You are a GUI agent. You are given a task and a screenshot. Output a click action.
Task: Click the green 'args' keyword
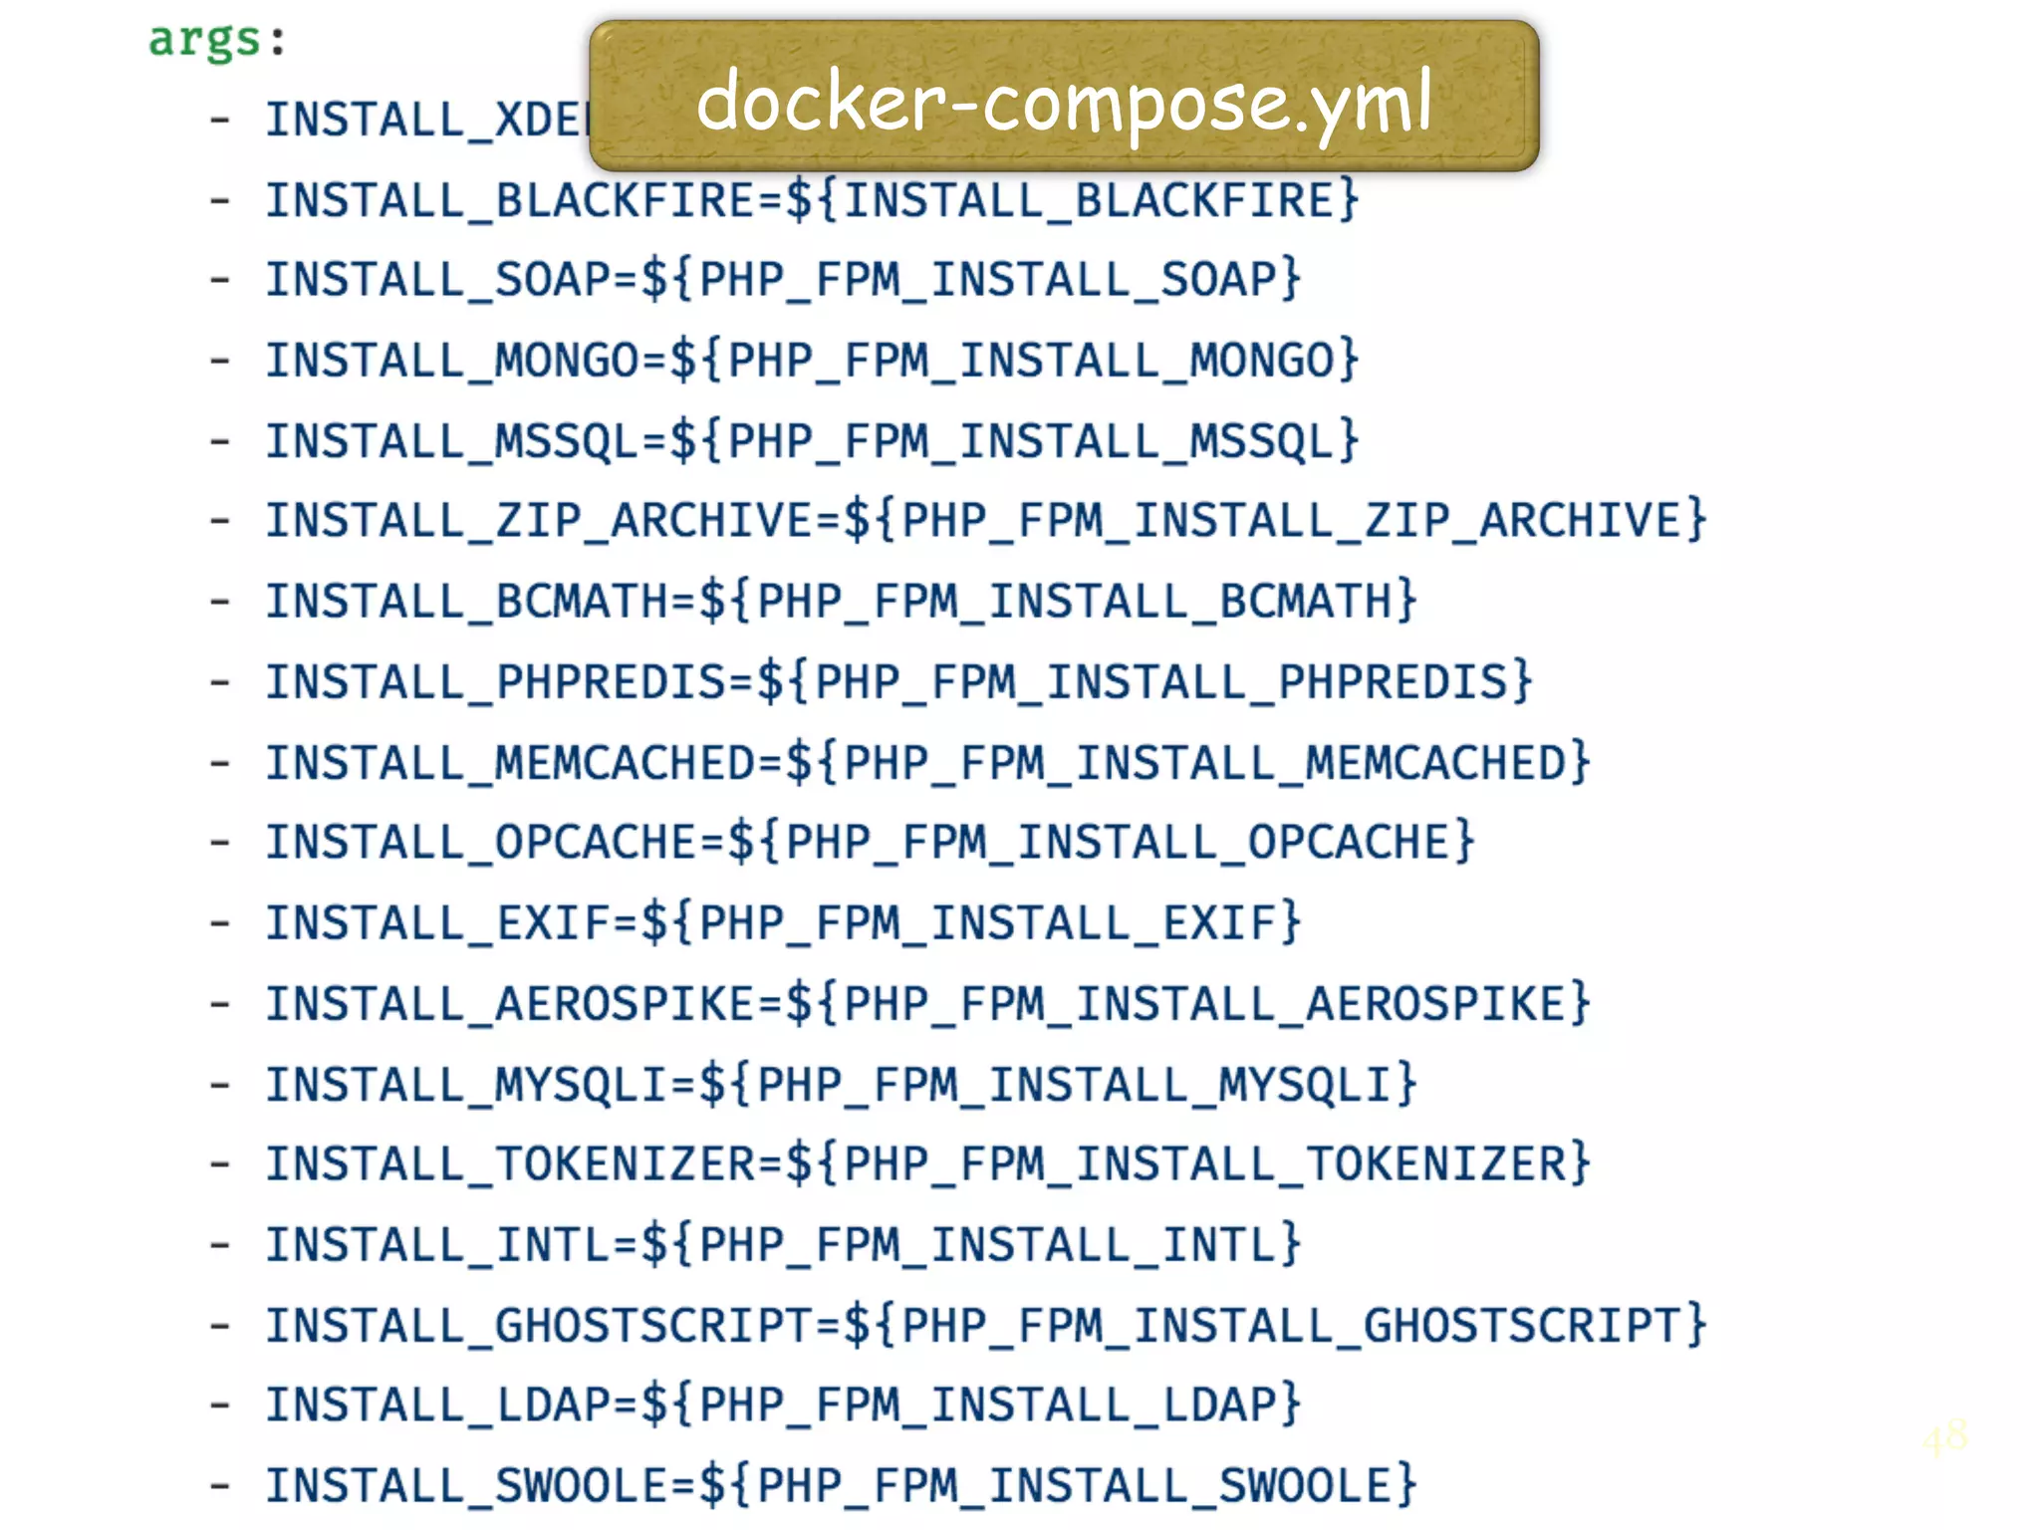click(x=204, y=40)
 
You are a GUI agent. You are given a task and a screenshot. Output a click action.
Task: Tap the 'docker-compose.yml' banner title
click(x=1063, y=100)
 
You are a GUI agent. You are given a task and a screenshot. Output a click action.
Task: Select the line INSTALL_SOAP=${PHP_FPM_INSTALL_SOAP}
click(x=782, y=279)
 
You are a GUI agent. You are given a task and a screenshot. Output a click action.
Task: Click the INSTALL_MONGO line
click(x=811, y=361)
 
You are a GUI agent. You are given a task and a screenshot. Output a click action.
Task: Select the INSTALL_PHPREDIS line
click(x=897, y=682)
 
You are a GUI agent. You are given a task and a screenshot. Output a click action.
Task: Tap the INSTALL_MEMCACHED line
click(x=926, y=763)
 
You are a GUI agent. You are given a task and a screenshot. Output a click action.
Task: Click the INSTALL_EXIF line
click(x=782, y=923)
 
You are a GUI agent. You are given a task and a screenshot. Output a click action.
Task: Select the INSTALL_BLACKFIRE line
click(x=811, y=200)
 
